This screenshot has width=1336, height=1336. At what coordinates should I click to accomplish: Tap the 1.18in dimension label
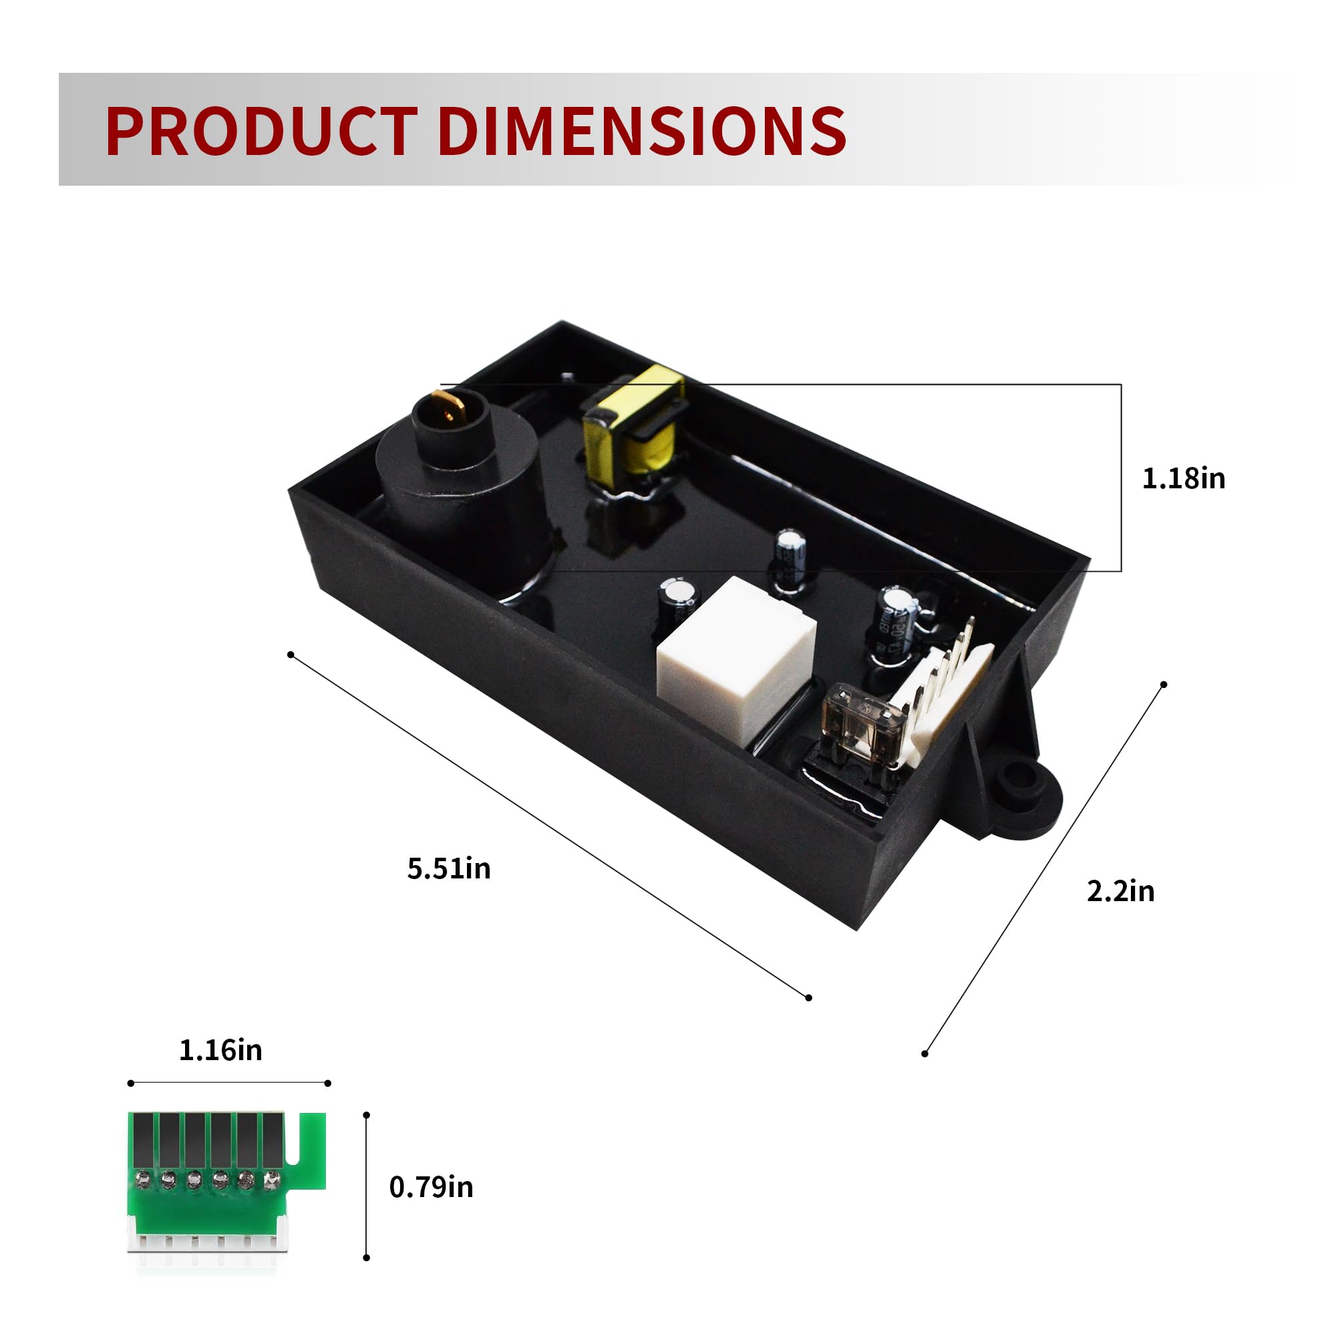[1183, 478]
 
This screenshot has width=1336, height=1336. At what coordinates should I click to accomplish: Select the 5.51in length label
[449, 868]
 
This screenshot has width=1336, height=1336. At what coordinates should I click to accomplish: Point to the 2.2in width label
[1120, 890]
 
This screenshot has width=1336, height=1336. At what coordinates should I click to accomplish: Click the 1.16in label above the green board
[220, 1049]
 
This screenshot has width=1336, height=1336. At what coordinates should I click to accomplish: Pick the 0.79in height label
[431, 1186]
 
